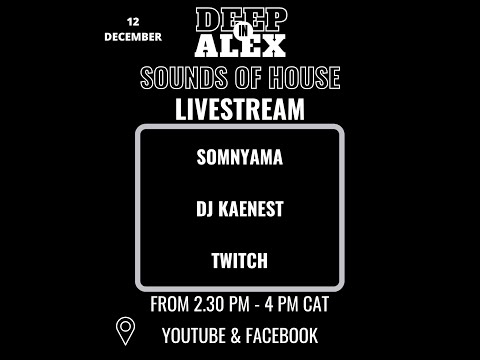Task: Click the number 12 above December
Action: click(x=134, y=21)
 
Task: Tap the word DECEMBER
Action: click(x=134, y=38)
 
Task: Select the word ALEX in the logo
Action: click(x=240, y=44)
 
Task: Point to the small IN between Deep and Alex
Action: click(x=240, y=31)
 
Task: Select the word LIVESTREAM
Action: click(x=240, y=109)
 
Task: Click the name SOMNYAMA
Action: click(x=240, y=158)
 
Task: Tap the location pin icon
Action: click(x=125, y=330)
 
